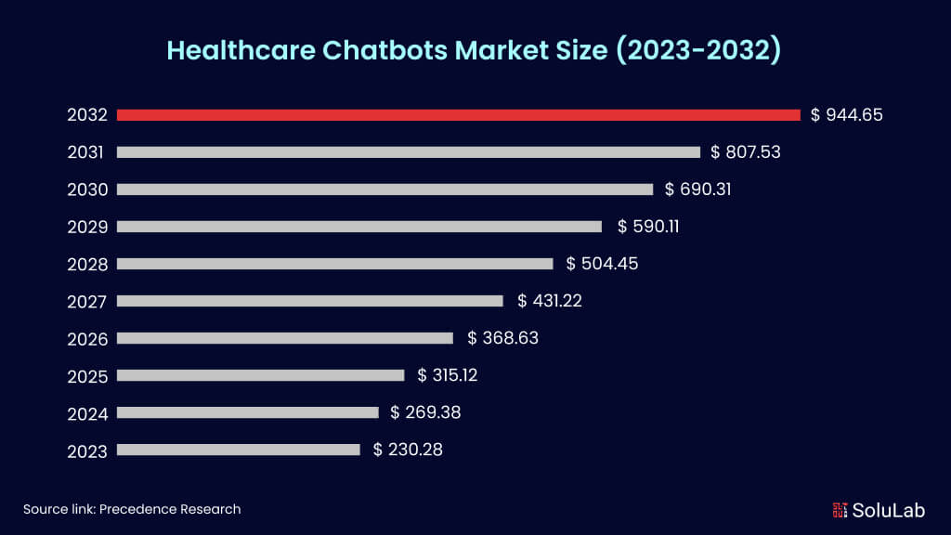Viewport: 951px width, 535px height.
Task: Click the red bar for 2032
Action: click(458, 115)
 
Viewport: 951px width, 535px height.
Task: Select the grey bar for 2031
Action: click(409, 152)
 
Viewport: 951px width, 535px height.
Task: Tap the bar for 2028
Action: click(334, 264)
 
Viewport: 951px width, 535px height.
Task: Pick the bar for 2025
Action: click(261, 375)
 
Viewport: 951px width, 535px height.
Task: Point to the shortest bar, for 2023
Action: click(239, 450)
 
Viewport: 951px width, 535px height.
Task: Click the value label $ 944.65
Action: click(846, 115)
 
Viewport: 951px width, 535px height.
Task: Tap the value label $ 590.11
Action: click(648, 227)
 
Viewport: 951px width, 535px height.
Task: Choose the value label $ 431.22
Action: click(550, 301)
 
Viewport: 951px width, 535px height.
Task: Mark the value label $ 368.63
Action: click(502, 338)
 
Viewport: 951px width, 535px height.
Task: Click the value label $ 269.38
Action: click(425, 412)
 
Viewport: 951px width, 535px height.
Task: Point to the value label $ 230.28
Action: click(408, 450)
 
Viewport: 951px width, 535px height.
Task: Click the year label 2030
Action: click(87, 190)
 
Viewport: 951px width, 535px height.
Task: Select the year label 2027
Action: click(87, 302)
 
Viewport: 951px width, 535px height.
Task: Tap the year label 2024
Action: click(87, 413)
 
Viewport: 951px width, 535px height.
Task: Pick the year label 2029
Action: click(87, 228)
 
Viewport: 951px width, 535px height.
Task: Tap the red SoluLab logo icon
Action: click(840, 510)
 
